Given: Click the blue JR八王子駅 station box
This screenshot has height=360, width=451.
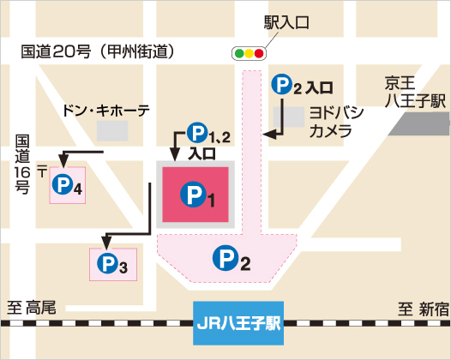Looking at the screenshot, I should [x=238, y=324].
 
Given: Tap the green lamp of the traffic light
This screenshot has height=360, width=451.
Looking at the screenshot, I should [x=238, y=54].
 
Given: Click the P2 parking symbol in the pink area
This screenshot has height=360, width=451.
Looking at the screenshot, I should [x=231, y=258].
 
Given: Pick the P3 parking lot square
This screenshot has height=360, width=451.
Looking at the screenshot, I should [x=112, y=265].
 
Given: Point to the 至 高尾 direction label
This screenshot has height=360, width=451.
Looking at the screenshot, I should [x=32, y=308].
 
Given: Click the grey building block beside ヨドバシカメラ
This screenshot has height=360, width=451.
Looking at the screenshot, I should [x=294, y=117].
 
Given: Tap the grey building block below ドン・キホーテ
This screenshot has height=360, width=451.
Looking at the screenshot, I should [x=111, y=131].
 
